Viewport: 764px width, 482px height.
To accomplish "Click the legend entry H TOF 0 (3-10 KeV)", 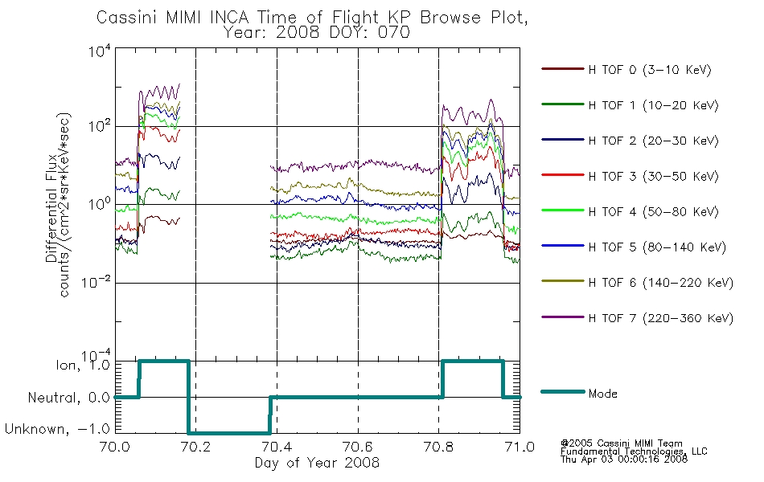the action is (x=650, y=70).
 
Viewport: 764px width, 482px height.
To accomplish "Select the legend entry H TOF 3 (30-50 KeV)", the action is (x=653, y=176).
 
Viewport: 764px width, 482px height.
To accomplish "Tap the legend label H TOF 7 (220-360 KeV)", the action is (x=660, y=318).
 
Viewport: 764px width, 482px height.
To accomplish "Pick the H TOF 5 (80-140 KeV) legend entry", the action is (x=657, y=247).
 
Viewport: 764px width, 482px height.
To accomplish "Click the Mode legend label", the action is (x=602, y=394).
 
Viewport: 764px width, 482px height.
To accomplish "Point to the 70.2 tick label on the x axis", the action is (x=196, y=447).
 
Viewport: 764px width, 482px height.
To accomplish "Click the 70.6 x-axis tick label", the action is (x=358, y=447).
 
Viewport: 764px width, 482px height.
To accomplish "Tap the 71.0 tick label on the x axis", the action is (x=520, y=447).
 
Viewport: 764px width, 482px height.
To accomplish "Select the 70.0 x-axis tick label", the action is (x=115, y=447).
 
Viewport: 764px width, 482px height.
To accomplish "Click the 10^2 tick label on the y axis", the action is (x=100, y=125).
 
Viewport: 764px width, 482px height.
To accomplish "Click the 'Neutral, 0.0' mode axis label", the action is (x=69, y=398).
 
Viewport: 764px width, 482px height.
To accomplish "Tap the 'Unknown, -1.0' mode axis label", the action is (x=57, y=429).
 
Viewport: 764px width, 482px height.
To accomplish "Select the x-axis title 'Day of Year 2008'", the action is (x=317, y=463).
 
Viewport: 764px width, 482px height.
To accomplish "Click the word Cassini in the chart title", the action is (x=128, y=18).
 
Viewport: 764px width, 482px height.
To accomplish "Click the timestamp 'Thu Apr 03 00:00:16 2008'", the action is (x=624, y=460).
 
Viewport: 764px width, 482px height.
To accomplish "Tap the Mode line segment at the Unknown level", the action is (x=229, y=433).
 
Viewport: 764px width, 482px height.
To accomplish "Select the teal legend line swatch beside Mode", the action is (x=563, y=392).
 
